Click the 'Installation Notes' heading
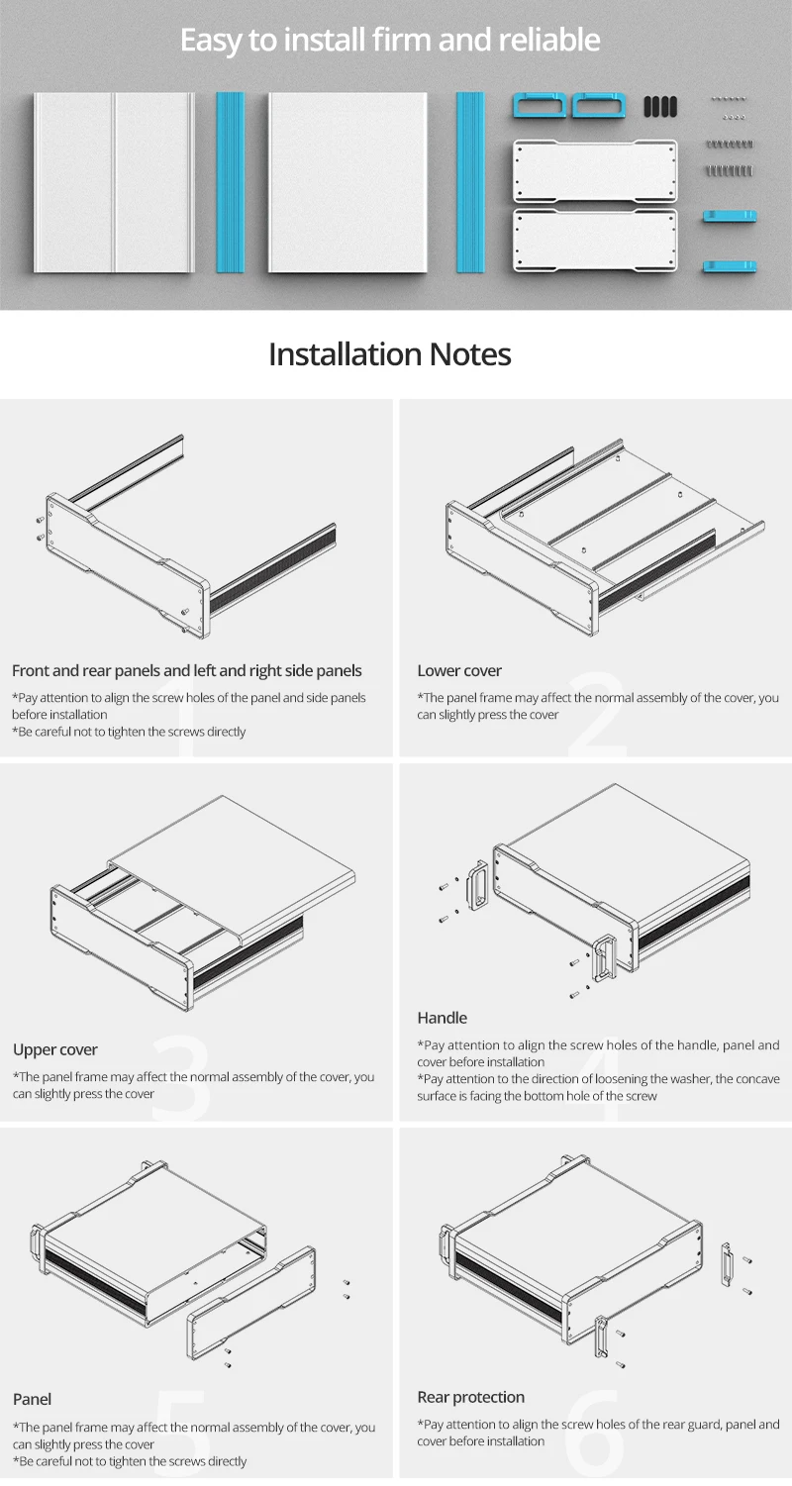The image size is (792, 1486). coord(389,354)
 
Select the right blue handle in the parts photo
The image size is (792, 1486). coord(599,106)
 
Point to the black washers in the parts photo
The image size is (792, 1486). coord(660,106)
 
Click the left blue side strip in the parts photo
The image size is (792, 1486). coord(230,182)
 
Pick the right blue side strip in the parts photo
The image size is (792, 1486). coord(470,182)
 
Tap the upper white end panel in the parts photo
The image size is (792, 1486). coord(595,170)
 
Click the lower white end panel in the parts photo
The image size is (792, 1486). coord(595,241)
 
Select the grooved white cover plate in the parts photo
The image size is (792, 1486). coord(115,182)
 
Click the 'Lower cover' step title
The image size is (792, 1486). coord(459,670)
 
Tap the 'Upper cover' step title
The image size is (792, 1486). coord(55,1049)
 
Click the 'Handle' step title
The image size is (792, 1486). coord(442,1018)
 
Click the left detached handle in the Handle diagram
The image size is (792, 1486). coord(477,885)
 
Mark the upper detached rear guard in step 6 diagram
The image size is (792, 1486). coord(727,1262)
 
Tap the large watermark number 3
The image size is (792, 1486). coord(182,1078)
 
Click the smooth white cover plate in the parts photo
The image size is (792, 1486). coord(347,182)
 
